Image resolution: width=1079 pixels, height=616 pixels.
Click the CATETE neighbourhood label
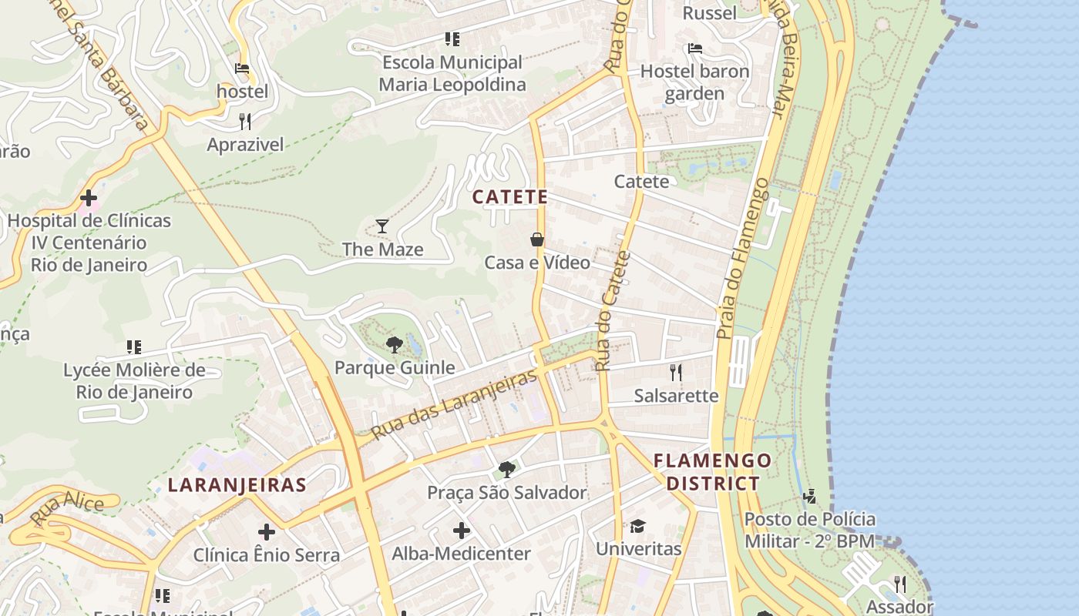(509, 197)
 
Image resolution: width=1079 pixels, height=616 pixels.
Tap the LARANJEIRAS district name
(237, 485)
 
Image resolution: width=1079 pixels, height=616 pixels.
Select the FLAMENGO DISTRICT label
(712, 472)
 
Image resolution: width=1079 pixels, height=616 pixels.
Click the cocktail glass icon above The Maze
(382, 226)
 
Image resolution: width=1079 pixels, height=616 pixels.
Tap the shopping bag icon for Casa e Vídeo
(537, 239)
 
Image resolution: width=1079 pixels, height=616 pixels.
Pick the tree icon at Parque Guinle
(395, 344)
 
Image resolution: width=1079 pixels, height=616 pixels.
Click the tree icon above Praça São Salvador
(506, 469)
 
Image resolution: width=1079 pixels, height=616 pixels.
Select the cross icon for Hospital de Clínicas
(89, 198)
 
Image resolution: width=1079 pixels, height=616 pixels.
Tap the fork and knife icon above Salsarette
(676, 373)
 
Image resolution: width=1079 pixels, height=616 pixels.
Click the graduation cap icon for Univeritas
(637, 526)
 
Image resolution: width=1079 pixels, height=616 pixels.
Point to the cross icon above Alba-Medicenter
(461, 531)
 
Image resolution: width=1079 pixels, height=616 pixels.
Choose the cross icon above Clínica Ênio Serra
(267, 532)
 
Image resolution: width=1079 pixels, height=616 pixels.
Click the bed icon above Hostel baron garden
(694, 49)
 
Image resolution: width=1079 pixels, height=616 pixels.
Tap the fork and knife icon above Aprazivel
(245, 121)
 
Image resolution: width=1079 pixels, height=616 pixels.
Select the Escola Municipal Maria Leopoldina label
(452, 73)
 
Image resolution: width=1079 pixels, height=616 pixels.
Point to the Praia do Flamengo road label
(741, 258)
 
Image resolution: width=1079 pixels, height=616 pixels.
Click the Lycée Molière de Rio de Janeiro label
(134, 381)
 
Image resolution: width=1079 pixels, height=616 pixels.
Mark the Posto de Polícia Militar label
(809, 530)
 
